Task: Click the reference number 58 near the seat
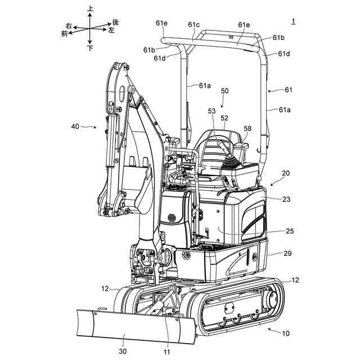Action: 247,129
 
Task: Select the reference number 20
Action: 286,174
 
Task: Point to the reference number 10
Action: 285,334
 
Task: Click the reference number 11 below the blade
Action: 166,352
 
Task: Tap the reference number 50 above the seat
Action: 225,91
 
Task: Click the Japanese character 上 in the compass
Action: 91,8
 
